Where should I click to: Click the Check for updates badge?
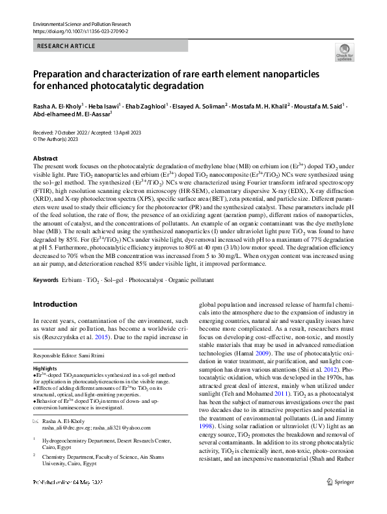click(344, 52)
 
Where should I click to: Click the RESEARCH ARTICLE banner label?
click(66, 46)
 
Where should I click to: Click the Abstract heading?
click(45, 159)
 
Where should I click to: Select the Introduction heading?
click(55, 304)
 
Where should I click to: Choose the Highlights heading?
click(44, 368)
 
